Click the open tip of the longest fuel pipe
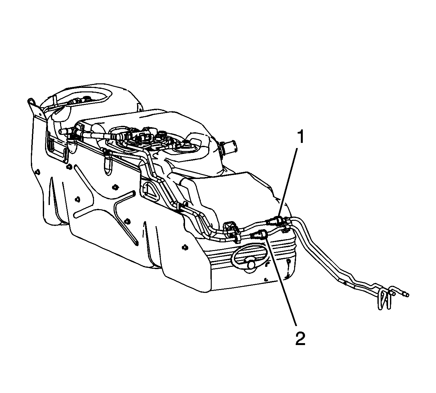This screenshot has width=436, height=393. click(x=406, y=295)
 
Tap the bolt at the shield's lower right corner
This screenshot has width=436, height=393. click(x=185, y=248)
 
